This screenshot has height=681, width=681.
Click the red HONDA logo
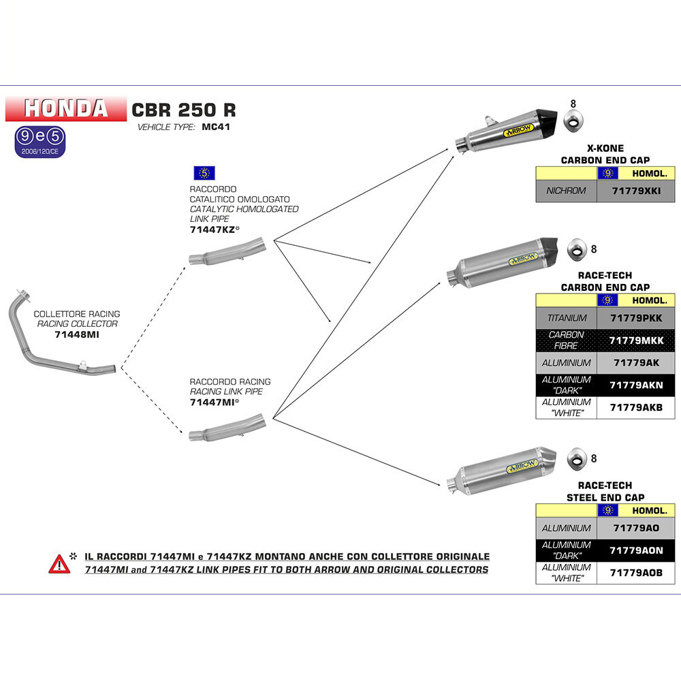click(65, 108)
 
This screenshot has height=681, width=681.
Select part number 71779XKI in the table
click(636, 191)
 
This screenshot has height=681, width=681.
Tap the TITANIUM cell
click(567, 318)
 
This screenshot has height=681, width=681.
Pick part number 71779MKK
click(636, 340)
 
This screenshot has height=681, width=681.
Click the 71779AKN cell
click(636, 385)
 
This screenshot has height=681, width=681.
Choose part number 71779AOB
click(636, 573)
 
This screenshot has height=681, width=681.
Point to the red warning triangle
click(59, 564)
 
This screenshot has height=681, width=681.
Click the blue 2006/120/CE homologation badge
click(40, 142)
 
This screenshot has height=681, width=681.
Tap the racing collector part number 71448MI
click(77, 334)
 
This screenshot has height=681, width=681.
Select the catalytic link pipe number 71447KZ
click(212, 229)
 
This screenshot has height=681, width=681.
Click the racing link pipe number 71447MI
click(212, 402)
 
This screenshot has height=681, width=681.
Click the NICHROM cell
click(567, 191)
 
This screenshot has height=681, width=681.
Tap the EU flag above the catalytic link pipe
click(204, 173)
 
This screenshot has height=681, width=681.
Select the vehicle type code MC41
click(216, 127)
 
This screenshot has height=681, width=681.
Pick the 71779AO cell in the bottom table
click(636, 528)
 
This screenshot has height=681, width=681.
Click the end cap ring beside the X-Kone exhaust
click(573, 121)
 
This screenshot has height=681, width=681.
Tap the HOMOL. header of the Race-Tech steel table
click(649, 511)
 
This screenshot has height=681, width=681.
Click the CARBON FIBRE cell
click(567, 340)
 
